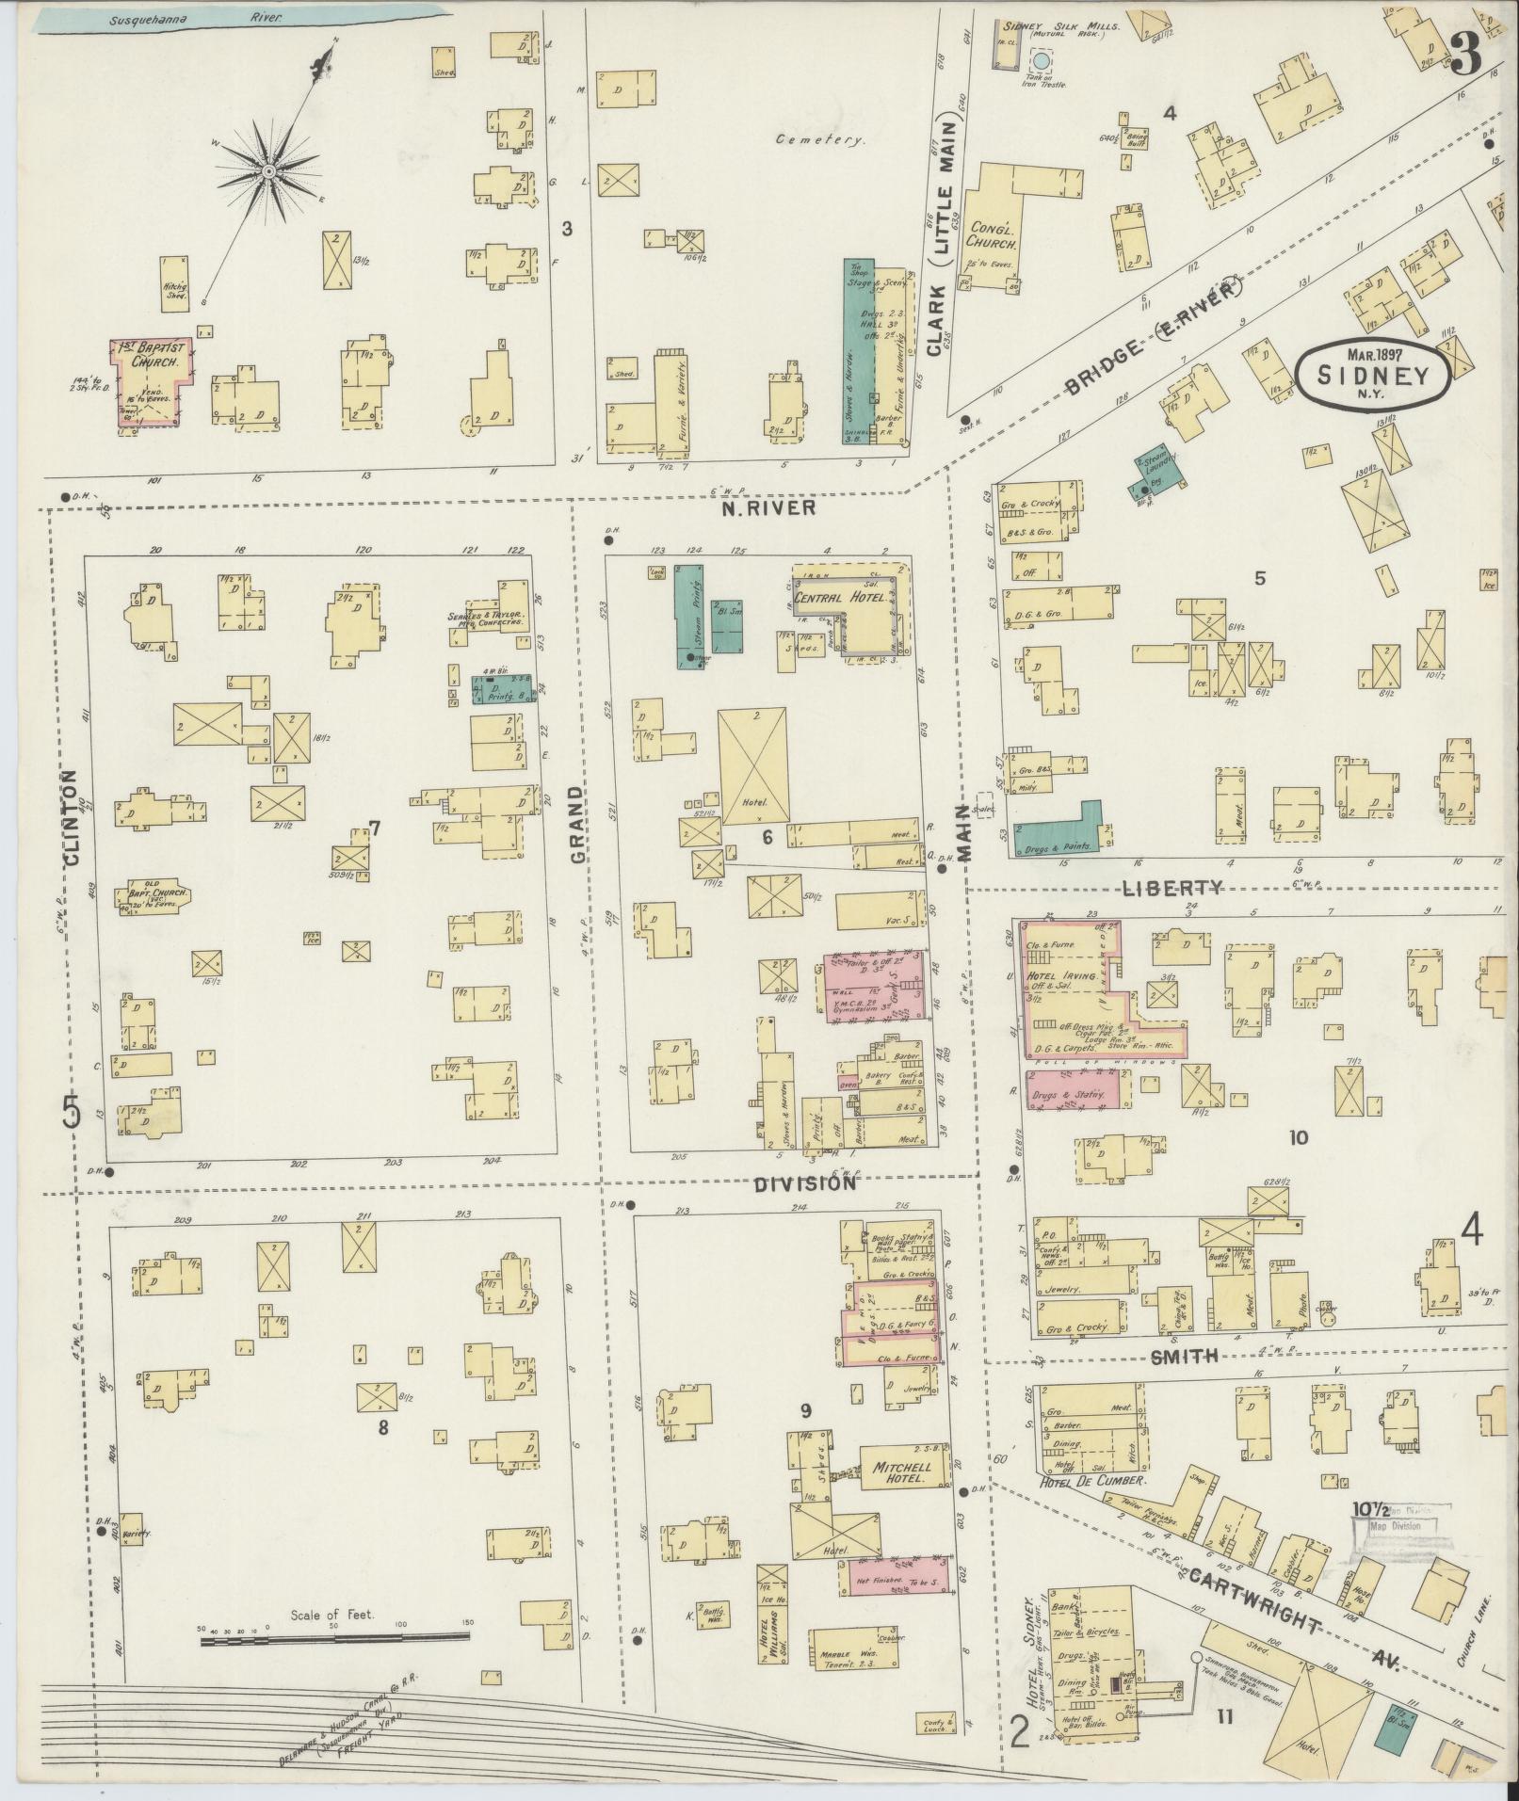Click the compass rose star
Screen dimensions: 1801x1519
coord(268,171)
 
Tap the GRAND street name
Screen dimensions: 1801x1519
coord(577,825)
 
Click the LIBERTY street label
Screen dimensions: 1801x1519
coord(1172,887)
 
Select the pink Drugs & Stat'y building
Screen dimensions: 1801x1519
coord(1074,1088)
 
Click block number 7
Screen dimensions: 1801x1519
coord(374,828)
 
